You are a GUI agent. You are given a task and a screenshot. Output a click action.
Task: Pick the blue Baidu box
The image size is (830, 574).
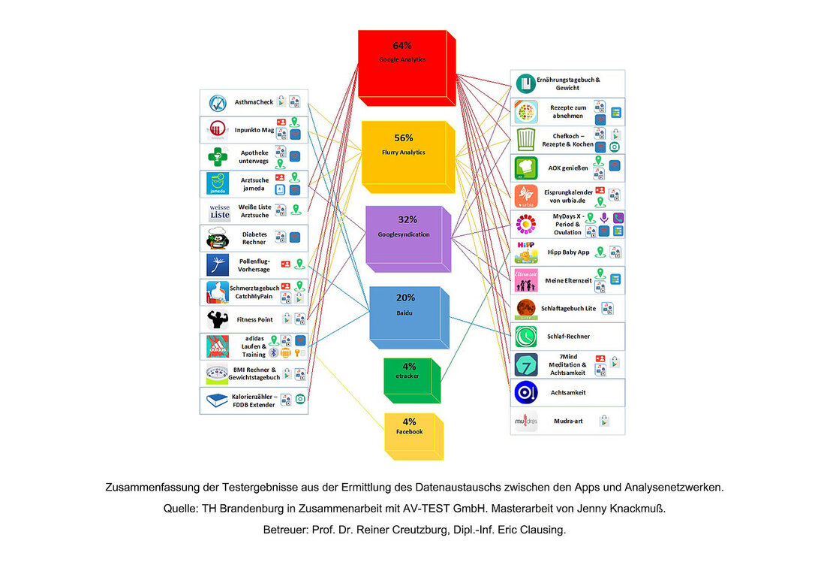405,319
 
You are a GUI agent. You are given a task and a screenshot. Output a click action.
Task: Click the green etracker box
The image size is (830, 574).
408,382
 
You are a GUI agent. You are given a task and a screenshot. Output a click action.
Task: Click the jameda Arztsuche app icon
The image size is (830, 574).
218,183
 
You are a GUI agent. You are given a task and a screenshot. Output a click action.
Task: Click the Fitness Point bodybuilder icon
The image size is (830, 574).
218,319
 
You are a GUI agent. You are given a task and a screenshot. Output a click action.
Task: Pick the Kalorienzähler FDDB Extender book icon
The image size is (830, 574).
218,400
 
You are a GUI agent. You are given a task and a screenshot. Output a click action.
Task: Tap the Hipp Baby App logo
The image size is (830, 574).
525,251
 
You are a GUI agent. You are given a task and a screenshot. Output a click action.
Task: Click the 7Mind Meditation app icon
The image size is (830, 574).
526,365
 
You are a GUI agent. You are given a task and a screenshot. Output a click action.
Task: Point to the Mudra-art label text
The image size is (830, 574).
567,421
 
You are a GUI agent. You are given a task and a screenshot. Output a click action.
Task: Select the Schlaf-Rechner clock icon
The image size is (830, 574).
526,336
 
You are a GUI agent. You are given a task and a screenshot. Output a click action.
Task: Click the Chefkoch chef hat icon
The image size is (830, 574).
526,139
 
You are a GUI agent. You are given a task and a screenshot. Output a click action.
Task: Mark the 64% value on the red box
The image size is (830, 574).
402,46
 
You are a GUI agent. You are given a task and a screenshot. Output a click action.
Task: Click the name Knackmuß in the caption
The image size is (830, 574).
635,509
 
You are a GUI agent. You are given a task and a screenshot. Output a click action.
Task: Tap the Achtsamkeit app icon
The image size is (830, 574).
526,393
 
